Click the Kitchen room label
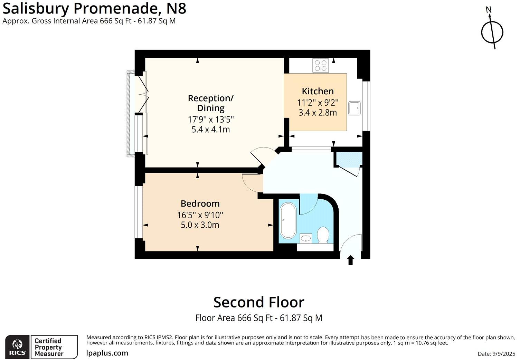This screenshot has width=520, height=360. coord(318,91)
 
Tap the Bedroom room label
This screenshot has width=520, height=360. coord(200,203)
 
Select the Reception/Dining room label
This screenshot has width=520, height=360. coord(210,103)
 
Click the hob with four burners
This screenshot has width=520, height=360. coord(320,65)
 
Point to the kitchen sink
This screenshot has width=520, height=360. coord(354,108)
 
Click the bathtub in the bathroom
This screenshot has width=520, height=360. coord(288,221)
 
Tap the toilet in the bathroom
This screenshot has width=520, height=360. coord(323,235)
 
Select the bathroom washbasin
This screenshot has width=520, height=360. coord(305,238)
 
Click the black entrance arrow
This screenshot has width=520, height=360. coord(351,260)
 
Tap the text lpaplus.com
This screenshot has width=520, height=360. coord(107,353)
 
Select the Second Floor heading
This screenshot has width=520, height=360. coord(258,302)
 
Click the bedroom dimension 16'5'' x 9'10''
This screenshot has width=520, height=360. coord(200,215)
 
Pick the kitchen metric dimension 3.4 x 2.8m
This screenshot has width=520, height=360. coord(318,113)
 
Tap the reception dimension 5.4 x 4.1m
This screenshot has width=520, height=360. coord(210,130)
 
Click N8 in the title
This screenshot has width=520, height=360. coord(175,8)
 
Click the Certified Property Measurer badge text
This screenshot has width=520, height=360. coord(48,347)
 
